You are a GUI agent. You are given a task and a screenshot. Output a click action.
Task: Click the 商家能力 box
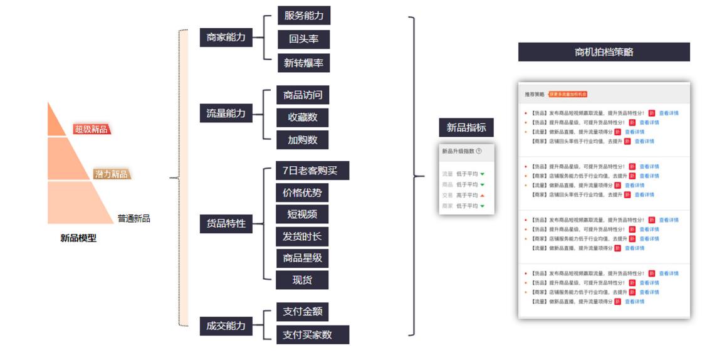(226, 38)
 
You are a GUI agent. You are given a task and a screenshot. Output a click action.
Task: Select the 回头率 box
(303, 39)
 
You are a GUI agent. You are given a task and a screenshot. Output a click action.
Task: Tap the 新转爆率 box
(303, 63)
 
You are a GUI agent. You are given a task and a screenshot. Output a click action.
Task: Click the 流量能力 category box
(226, 114)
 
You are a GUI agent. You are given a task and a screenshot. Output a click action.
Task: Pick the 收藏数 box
(303, 117)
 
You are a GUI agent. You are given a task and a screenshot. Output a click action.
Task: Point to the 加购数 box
(303, 140)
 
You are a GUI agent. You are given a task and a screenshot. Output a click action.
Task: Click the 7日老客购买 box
(312, 171)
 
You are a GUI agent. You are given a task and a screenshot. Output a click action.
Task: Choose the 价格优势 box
(302, 193)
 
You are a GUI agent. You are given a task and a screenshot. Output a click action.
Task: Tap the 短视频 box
(302, 214)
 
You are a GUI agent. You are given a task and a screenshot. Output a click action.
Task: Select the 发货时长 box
(302, 236)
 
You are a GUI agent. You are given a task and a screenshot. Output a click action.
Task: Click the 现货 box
(302, 280)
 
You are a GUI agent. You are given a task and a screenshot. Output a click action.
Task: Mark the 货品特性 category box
(226, 224)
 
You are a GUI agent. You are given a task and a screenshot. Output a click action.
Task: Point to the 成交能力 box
(226, 326)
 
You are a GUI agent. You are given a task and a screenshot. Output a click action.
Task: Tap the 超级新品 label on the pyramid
(92, 130)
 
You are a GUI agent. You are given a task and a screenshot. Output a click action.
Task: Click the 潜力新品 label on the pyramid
(112, 174)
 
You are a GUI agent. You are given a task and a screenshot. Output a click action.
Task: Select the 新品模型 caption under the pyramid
(78, 238)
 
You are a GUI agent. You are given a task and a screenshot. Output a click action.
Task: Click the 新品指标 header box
(466, 128)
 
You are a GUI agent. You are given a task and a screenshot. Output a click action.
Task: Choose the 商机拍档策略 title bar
(604, 52)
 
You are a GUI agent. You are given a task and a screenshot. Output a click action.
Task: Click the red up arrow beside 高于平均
(482, 195)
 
